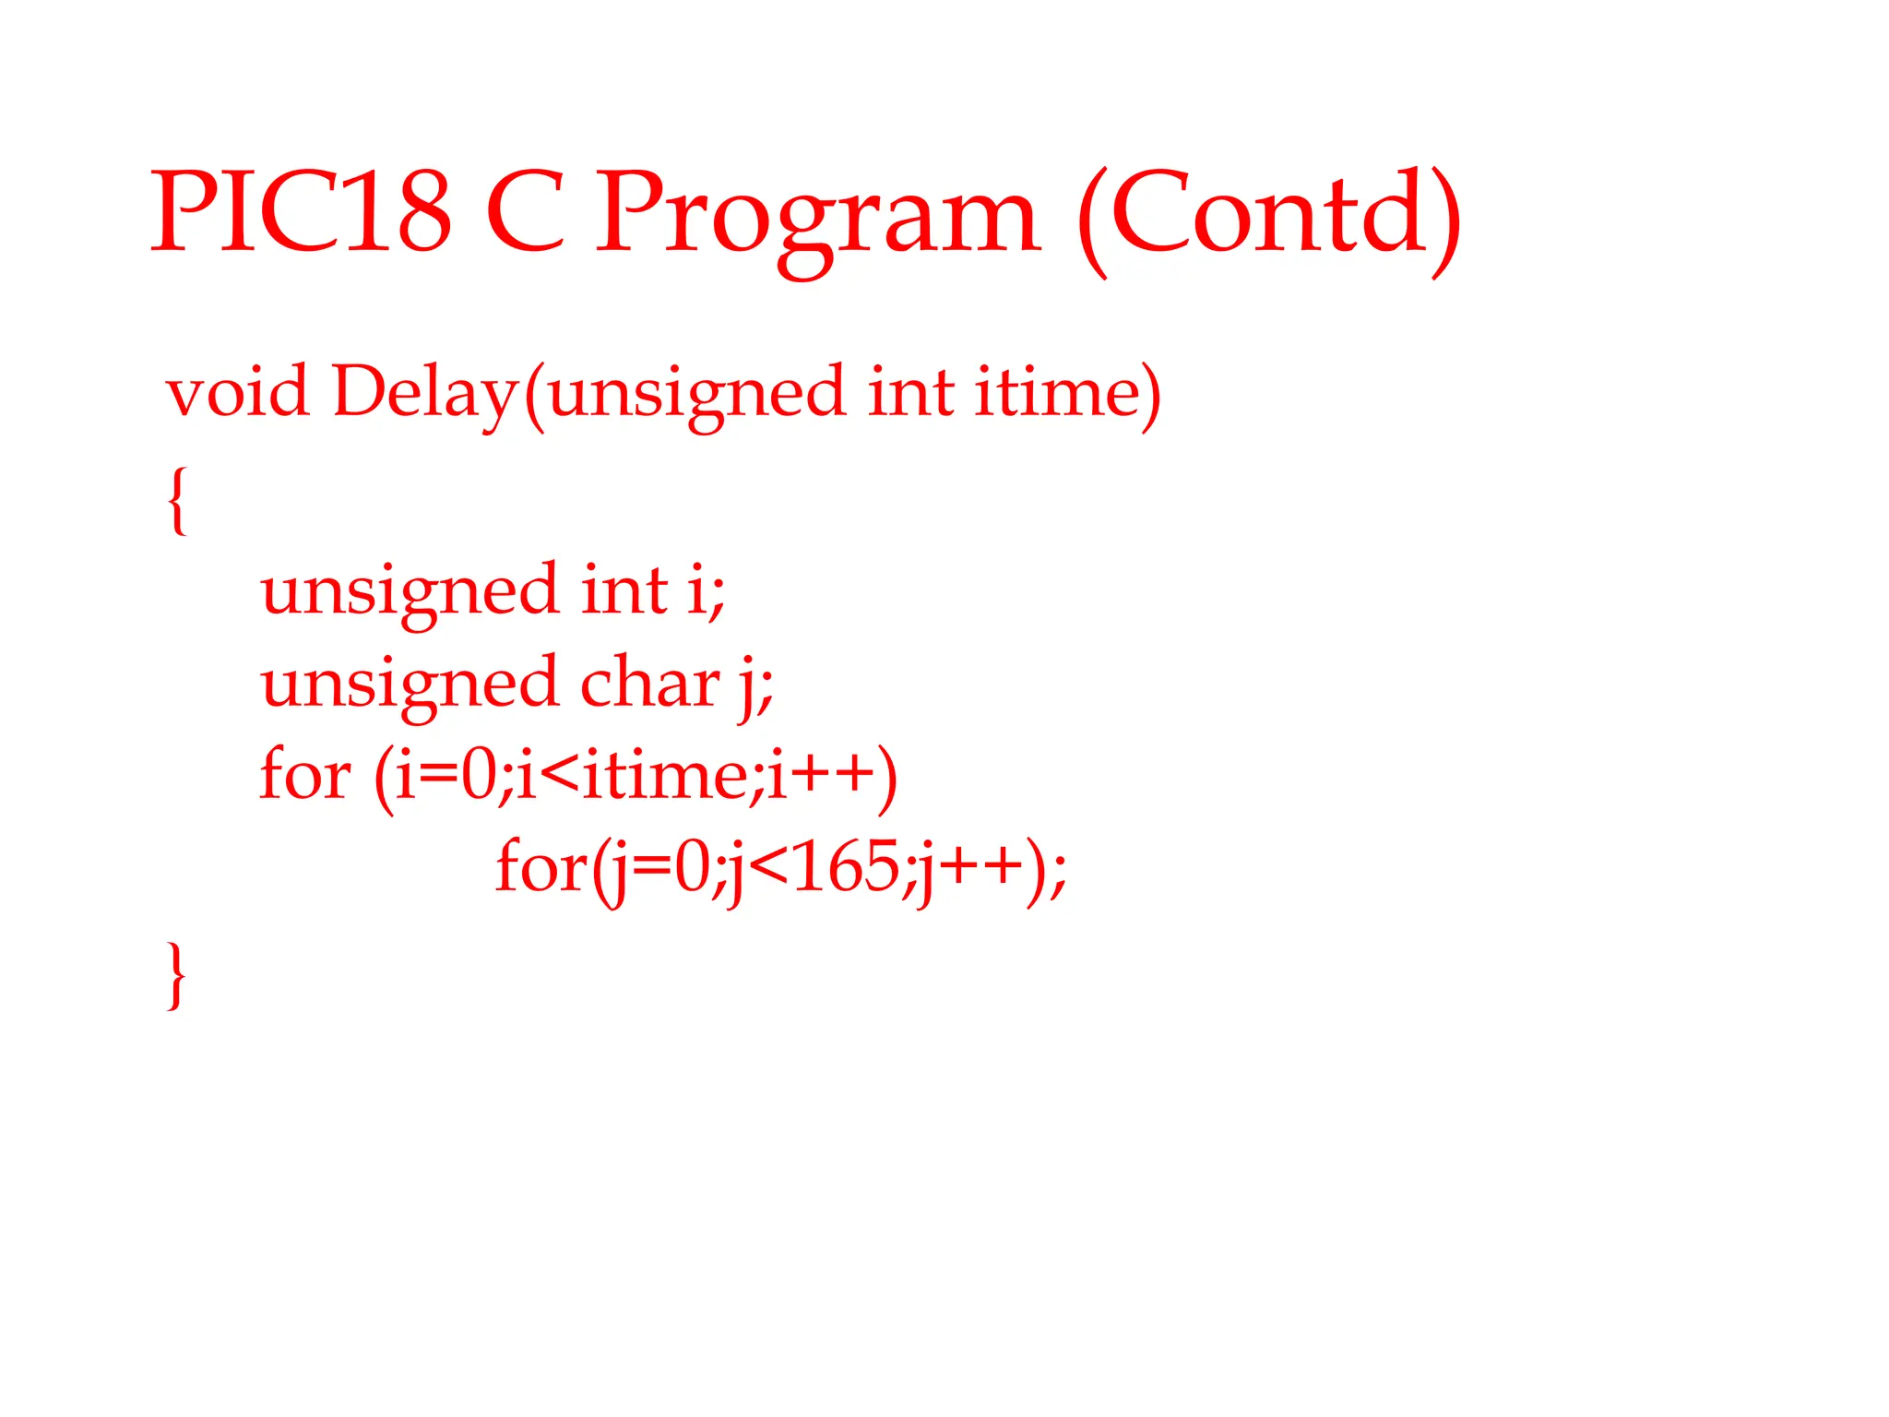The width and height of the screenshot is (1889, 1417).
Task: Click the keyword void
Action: point(237,392)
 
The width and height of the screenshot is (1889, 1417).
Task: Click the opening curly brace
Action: point(177,500)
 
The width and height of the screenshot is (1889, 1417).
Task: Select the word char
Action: point(649,684)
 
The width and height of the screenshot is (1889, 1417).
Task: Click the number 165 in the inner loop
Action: point(845,868)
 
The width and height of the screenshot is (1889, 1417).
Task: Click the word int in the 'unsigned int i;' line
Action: point(624,590)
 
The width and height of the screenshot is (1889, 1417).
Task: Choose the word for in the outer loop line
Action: point(304,775)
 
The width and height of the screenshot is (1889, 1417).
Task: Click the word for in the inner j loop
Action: point(541,868)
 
